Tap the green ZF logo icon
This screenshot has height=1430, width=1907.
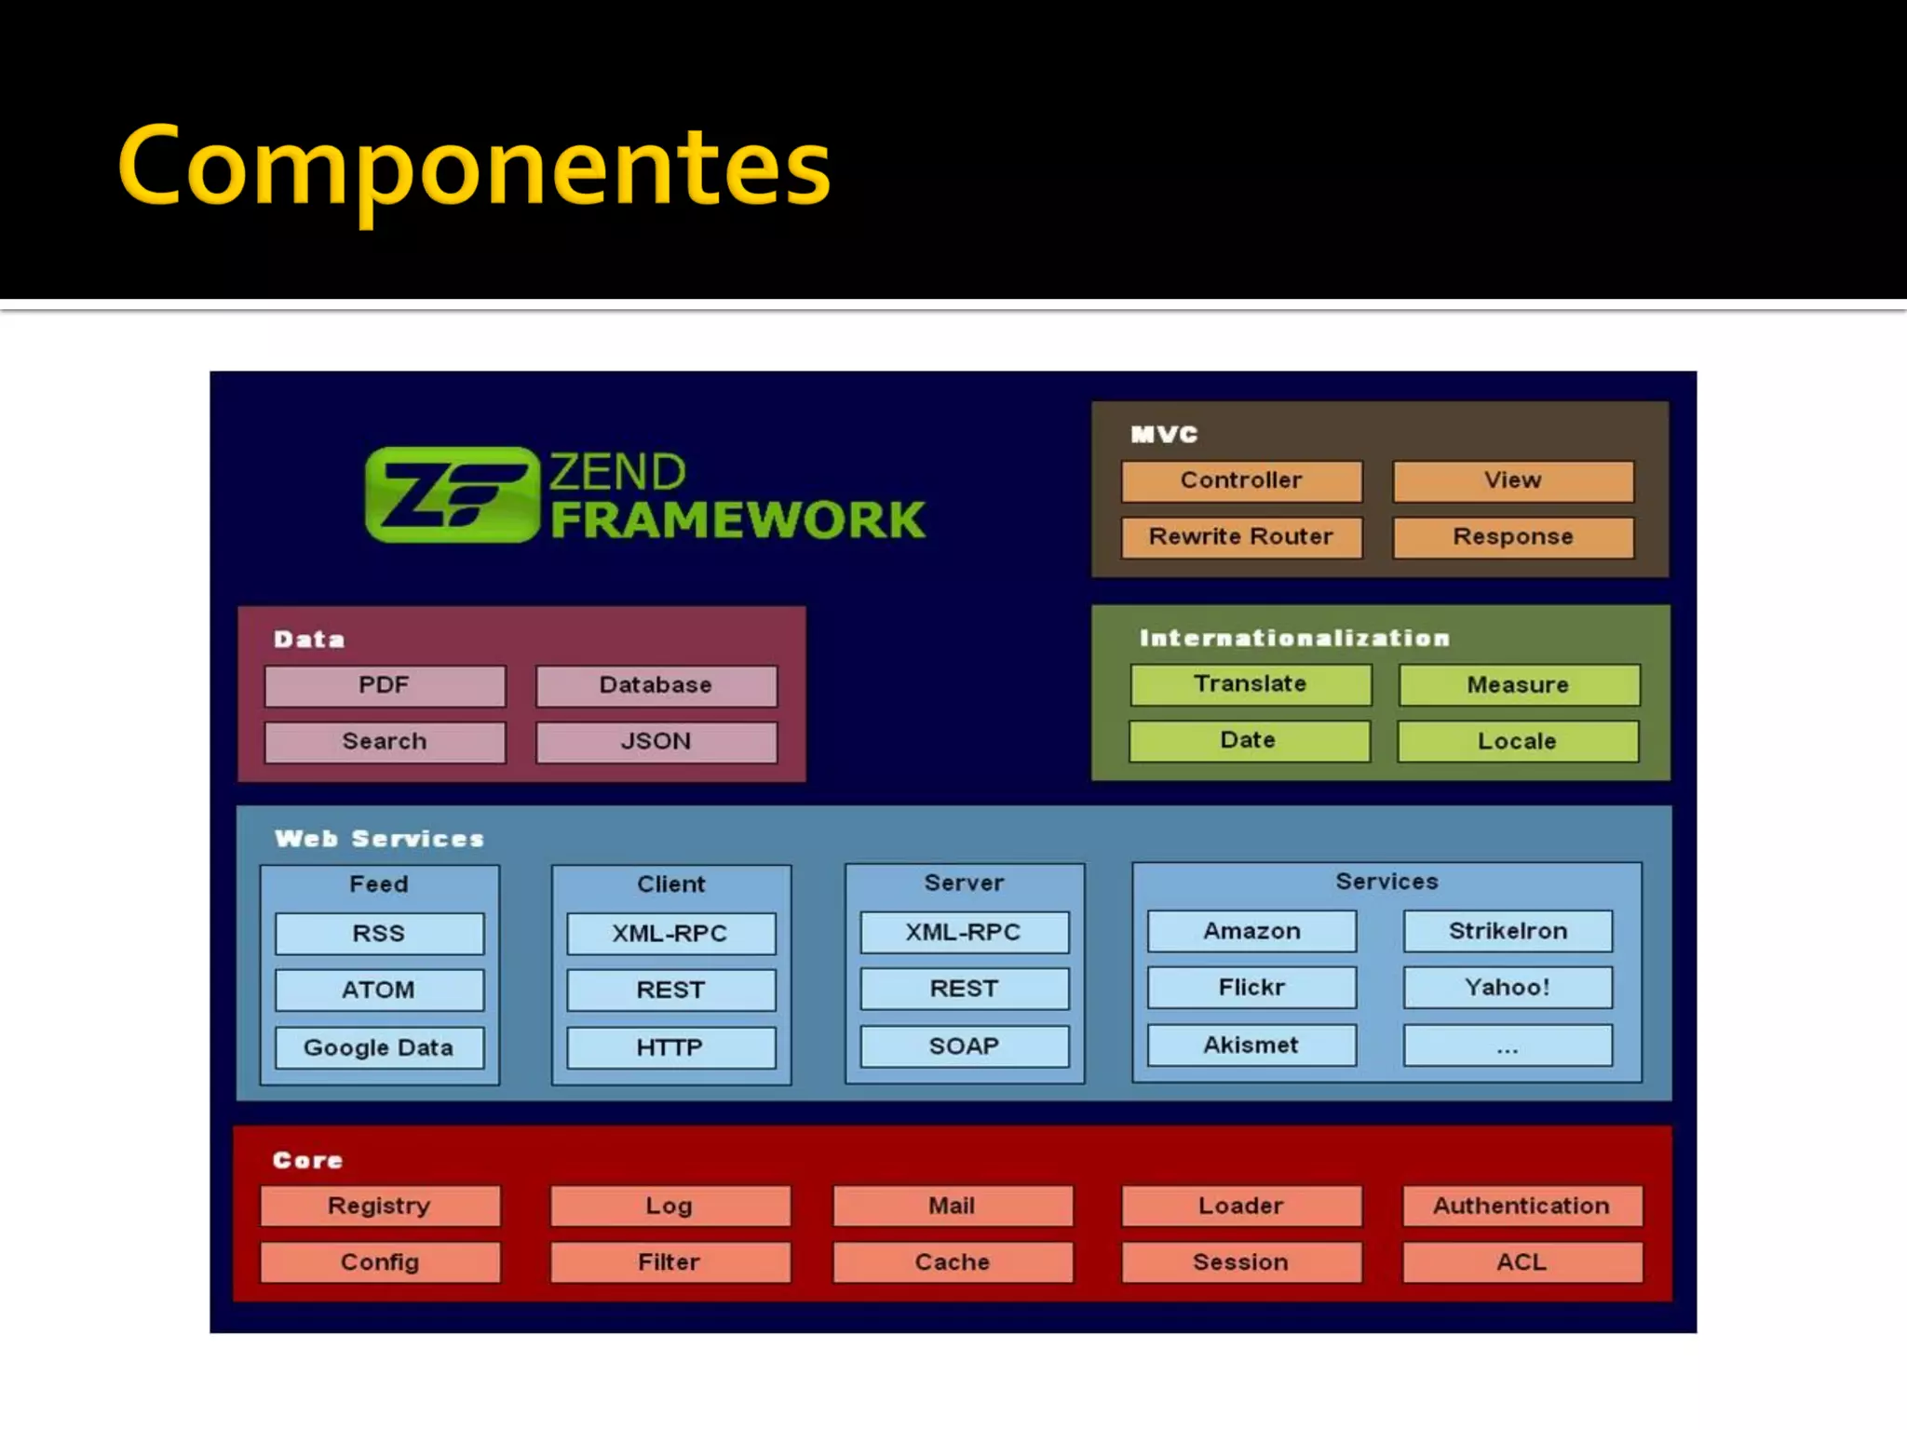[453, 494]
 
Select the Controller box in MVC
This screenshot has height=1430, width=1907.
[1241, 480]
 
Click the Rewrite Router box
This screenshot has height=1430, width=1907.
[1241, 537]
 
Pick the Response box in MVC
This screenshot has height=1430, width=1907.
[1513, 537]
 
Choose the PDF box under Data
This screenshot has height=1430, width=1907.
[385, 686]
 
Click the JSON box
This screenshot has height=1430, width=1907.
[656, 742]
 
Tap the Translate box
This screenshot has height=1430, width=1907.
[1251, 684]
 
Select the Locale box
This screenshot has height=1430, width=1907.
[1518, 742]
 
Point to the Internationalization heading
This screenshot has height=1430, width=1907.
[1295, 638]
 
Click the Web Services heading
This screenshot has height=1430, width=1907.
[380, 839]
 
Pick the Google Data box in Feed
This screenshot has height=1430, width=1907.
[379, 1047]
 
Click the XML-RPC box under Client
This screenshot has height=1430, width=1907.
[670, 934]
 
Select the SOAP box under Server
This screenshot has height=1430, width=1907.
[964, 1046]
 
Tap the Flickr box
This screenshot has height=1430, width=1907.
[1251, 988]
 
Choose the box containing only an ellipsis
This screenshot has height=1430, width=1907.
[1508, 1046]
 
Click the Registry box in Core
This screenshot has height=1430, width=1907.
[380, 1207]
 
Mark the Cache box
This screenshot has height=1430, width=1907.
[953, 1262]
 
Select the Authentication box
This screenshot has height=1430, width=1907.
[1522, 1207]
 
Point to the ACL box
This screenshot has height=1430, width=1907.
[1522, 1262]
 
